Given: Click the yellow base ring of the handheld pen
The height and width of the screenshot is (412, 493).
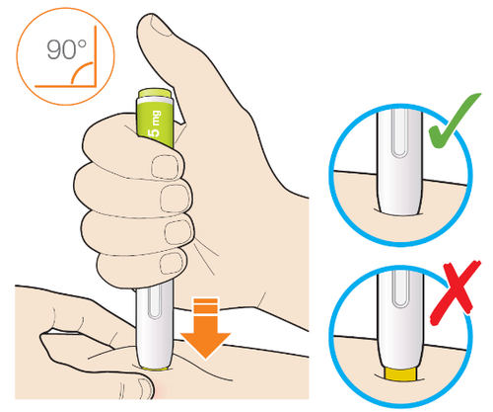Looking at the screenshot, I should point(155,368).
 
